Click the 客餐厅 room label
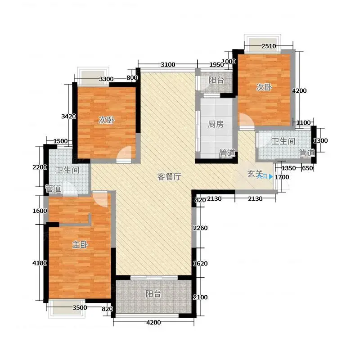pos(169,177)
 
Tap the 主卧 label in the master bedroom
pos(80,245)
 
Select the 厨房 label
pos(216,124)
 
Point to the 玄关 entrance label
pos(255,174)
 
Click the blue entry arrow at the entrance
pos(271,176)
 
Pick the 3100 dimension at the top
pos(168,65)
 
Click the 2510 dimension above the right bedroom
pos(269,46)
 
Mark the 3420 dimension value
pos(68,117)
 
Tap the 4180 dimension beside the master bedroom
pos(40,263)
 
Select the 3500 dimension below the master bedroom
pos(80,307)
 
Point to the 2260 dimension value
pos(200,228)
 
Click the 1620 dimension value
pos(200,264)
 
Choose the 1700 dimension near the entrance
pos(282,177)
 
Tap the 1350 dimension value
pos(288,168)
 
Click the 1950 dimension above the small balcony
pos(216,65)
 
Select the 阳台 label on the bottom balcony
pos(153,294)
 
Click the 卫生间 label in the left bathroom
pos(67,170)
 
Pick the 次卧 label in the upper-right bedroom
pos(264,87)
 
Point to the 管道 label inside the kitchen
pos(227,153)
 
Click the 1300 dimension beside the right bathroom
pos(320,141)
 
